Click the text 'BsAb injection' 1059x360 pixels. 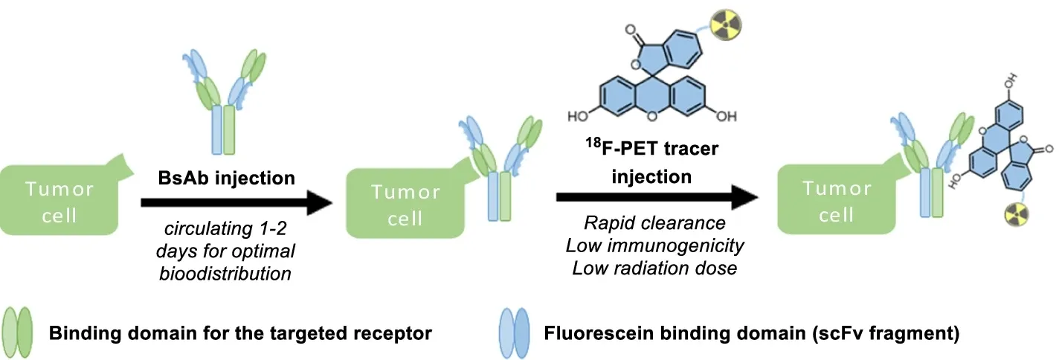click(226, 178)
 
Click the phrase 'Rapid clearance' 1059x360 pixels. click(654, 223)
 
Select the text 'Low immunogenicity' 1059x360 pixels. click(654, 245)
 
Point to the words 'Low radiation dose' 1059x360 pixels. click(654, 267)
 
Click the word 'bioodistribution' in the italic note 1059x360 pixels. click(225, 273)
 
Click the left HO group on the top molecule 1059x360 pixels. click(579, 116)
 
